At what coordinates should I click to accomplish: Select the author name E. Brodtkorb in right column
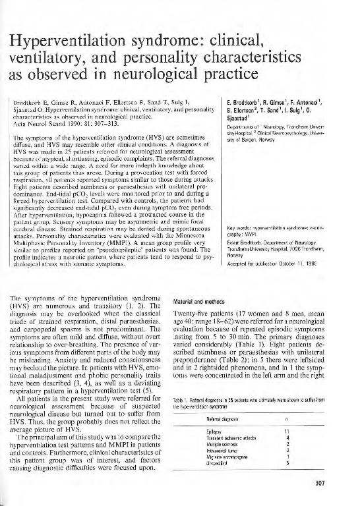click(251, 103)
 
